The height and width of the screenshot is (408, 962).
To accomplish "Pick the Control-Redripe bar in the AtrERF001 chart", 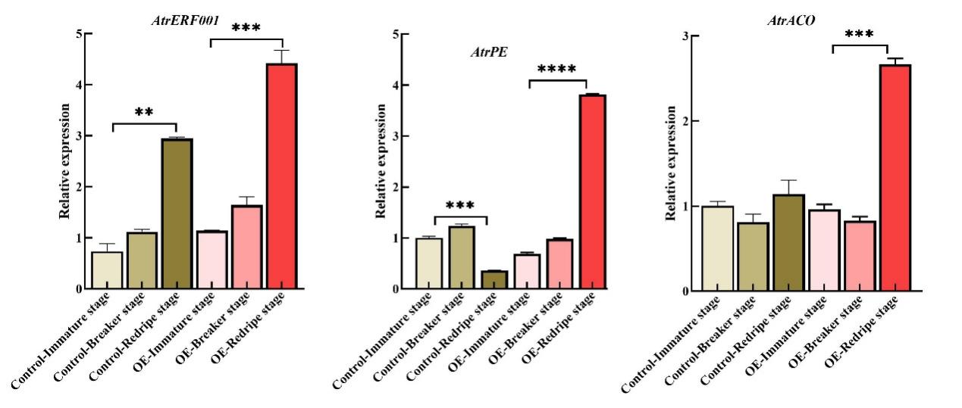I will (177, 213).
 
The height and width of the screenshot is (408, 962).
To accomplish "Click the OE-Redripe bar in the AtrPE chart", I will (592, 192).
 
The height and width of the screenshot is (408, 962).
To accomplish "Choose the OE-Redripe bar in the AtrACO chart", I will (895, 178).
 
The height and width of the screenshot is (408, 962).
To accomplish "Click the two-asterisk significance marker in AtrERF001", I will (144, 113).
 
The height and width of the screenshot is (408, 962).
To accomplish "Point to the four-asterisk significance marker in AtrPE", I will (556, 70).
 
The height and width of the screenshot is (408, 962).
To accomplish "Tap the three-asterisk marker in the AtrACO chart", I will (859, 35).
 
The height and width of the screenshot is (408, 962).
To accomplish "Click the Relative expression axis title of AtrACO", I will (671, 164).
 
